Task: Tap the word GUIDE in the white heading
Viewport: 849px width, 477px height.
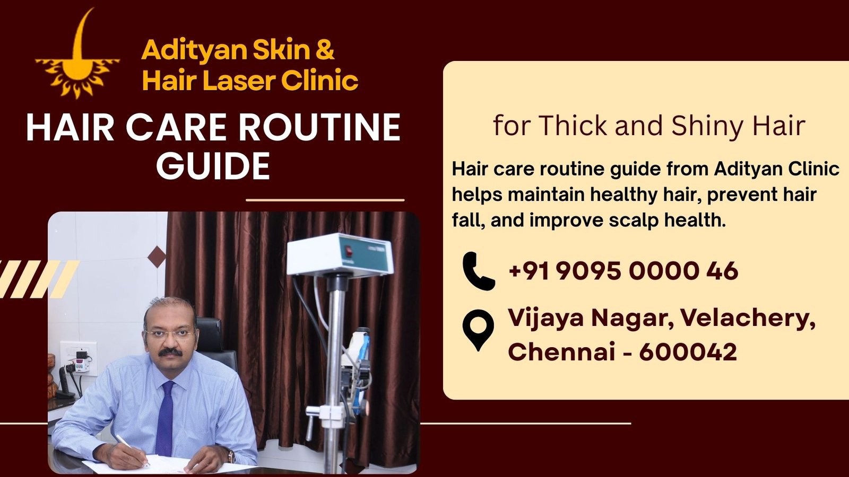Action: [x=213, y=166]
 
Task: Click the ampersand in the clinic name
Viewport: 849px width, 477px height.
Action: [x=325, y=49]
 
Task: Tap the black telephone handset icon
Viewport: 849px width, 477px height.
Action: [x=478, y=271]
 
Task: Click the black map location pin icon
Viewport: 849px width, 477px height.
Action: [x=478, y=329]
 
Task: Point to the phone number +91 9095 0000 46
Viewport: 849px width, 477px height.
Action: [x=623, y=271]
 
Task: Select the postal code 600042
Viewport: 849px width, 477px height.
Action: [x=688, y=352]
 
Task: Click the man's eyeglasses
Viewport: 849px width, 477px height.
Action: [x=170, y=334]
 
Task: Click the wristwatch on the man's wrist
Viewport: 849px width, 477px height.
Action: [x=231, y=456]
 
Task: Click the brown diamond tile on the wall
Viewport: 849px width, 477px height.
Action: [x=157, y=257]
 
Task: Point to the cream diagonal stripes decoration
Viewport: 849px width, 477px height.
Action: [x=37, y=279]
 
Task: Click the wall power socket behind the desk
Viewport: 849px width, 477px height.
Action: [x=79, y=358]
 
